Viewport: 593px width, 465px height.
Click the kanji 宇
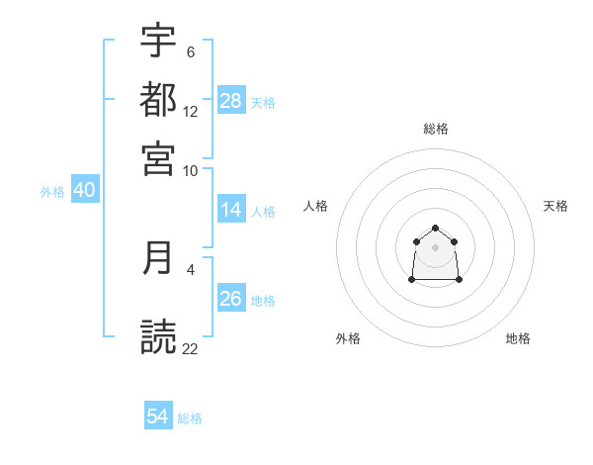click(x=158, y=41)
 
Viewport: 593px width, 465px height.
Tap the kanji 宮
click(x=158, y=157)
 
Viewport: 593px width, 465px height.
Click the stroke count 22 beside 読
click(x=191, y=349)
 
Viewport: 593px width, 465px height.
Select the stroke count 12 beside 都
click(x=191, y=112)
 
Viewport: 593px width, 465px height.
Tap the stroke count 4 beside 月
click(x=191, y=268)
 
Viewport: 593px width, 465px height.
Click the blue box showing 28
click(x=231, y=101)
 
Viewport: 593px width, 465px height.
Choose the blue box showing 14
click(x=231, y=210)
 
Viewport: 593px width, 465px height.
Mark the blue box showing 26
click(x=231, y=299)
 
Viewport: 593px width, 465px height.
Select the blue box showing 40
click(x=84, y=190)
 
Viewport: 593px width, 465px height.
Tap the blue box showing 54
click(x=158, y=418)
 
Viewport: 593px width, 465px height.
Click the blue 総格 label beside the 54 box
click(x=190, y=418)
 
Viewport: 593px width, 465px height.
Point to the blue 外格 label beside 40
click(x=52, y=191)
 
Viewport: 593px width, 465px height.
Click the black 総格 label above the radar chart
click(x=436, y=129)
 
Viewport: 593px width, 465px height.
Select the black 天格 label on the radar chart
click(x=556, y=206)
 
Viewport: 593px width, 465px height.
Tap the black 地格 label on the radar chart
click(x=518, y=338)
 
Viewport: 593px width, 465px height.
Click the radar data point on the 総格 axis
click(x=436, y=229)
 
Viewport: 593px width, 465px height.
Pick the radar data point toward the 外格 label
click(x=412, y=280)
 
